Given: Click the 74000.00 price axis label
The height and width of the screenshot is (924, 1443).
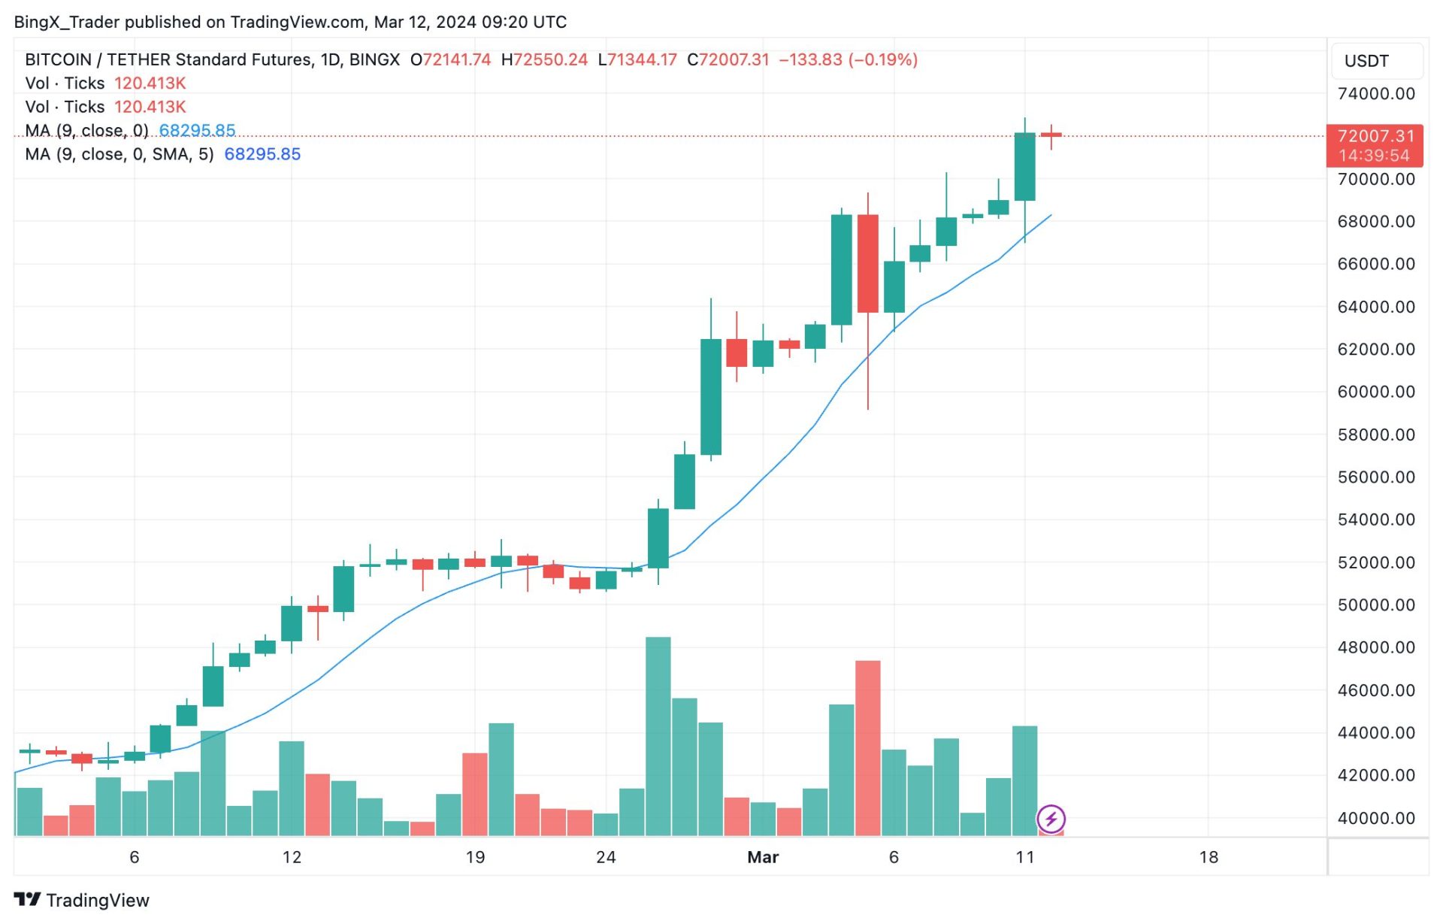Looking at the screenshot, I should pos(1375,94).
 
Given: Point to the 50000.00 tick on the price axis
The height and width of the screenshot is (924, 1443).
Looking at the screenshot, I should pos(1375,605).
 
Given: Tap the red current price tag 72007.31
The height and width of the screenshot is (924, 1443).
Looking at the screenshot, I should pos(1375,137).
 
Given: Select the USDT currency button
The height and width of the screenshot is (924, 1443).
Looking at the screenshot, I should pos(1366,61).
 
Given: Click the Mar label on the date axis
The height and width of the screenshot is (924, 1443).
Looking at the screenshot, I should pos(763,858).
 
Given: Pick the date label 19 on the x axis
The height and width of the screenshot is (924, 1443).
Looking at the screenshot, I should pos(475,858).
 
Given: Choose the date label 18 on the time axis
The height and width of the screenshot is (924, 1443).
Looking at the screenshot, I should pos(1209,858).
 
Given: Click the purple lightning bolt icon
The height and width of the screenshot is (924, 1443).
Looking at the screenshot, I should pos(1051,819).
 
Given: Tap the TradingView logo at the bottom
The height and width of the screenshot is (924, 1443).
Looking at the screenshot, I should pos(82,901).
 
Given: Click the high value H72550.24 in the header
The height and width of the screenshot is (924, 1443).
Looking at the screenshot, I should pos(544,60).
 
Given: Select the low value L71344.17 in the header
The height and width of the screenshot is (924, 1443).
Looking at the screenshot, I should pos(637,60).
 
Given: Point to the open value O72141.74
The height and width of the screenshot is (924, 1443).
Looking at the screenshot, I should pos(450,60).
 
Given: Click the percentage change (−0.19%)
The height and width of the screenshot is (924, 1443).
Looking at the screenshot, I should pos(883,60).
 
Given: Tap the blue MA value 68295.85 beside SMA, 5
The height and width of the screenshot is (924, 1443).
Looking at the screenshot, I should pos(262,154).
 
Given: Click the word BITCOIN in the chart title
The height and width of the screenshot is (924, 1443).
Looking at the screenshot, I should pos(58,60).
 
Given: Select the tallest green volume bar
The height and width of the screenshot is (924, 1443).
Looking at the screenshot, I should pos(658,737).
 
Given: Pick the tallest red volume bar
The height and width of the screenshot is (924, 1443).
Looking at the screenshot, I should pos(868,748).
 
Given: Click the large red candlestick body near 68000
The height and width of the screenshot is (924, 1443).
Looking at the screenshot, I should pos(868,263).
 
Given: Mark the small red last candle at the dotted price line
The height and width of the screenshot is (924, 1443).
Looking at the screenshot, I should pos(1051,135).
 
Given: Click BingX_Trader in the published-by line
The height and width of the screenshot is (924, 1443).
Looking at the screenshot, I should pos(66,23).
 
